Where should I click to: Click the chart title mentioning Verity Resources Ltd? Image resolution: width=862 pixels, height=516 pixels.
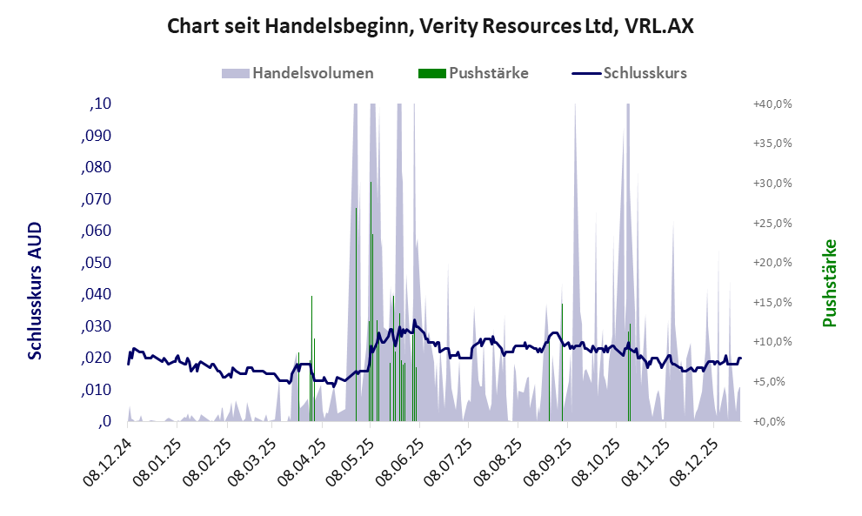click(430, 26)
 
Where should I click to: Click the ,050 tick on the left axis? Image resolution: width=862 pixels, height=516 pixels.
click(96, 263)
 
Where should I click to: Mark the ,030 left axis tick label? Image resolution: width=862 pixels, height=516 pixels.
click(96, 326)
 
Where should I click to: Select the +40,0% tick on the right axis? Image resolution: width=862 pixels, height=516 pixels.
click(772, 104)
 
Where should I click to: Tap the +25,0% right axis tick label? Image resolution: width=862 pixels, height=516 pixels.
click(772, 223)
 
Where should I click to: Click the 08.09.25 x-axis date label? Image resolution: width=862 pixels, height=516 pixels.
click(547, 460)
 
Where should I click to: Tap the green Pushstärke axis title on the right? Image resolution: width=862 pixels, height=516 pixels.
click(829, 284)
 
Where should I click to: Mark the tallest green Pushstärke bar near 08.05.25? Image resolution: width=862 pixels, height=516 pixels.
click(371, 261)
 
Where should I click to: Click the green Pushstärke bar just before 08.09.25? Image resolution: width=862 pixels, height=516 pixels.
click(562, 357)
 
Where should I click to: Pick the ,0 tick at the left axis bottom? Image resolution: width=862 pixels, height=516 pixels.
click(106, 421)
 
